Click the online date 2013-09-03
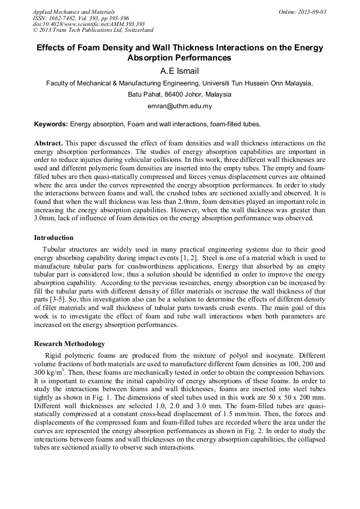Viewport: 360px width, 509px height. (x=312, y=12)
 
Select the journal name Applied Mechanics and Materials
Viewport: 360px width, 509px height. (x=74, y=12)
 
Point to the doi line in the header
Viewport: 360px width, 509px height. (x=89, y=24)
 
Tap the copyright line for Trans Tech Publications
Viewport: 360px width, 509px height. (x=93, y=30)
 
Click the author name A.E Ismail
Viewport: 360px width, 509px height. (x=179, y=71)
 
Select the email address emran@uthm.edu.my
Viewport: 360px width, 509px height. (x=179, y=106)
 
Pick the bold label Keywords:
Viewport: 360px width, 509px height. (x=51, y=124)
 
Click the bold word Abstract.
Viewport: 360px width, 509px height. (x=48, y=143)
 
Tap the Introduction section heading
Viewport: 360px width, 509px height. (x=54, y=237)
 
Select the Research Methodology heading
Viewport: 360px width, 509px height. (x=70, y=343)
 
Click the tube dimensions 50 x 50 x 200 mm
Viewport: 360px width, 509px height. (x=295, y=392)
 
